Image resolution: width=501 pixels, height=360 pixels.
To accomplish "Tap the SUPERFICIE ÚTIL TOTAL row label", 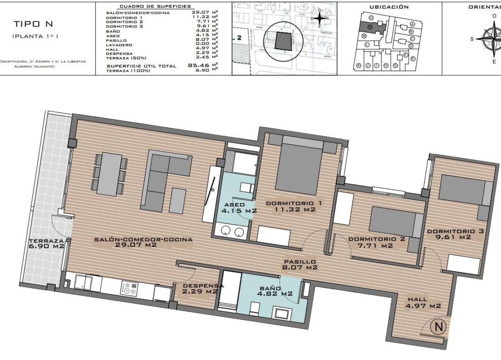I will point(141,66).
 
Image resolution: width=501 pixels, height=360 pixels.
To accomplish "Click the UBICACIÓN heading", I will point(389,7).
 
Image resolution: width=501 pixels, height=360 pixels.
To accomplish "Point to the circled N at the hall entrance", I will point(438,327).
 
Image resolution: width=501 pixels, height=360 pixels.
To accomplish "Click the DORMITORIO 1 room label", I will point(294,203).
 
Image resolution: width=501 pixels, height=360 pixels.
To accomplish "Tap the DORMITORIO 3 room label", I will point(455,231).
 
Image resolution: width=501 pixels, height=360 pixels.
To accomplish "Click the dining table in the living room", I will point(110,174).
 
